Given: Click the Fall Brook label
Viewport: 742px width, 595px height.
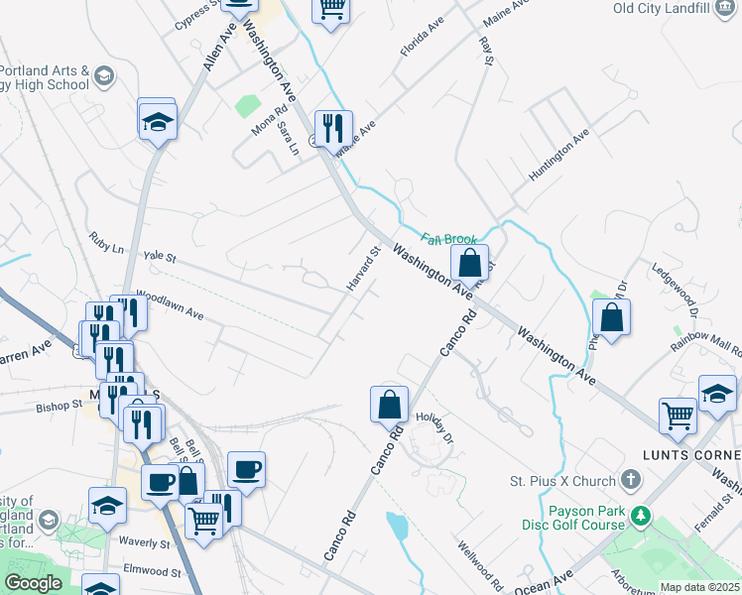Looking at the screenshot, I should tap(449, 239).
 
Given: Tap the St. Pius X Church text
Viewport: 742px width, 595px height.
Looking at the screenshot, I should tap(562, 482).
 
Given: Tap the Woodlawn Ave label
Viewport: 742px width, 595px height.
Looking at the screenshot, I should tap(170, 304).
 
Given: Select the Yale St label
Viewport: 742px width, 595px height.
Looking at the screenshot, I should tap(159, 257).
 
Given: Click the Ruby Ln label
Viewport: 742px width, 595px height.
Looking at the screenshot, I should tap(105, 240).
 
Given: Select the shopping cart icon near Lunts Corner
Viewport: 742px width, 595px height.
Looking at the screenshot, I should tap(679, 416).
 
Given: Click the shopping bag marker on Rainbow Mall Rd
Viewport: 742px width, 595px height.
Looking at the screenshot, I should tap(612, 318).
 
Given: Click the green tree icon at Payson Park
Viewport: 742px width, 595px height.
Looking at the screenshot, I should tap(642, 516).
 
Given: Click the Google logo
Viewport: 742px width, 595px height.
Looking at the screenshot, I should tap(33, 583).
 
